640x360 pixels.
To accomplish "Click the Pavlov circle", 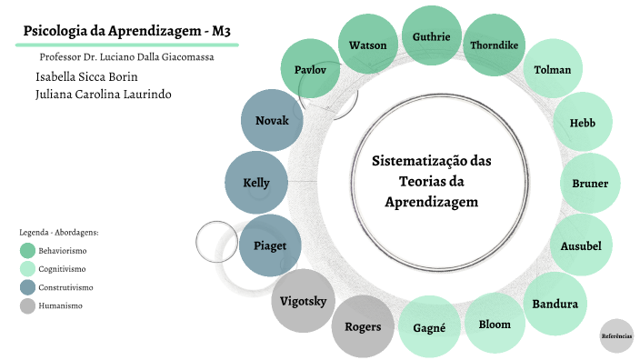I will [x=311, y=70].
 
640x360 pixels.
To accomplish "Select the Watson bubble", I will [x=368, y=45].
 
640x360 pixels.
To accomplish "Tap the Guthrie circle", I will [x=432, y=36].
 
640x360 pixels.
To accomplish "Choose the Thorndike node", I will [x=495, y=45].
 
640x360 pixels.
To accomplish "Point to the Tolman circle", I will [x=553, y=70].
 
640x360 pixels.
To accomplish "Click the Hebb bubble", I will [x=583, y=123].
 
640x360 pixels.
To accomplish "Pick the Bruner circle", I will [x=590, y=184].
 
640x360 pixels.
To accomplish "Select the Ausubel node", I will [x=581, y=245].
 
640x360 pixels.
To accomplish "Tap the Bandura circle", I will [x=555, y=303].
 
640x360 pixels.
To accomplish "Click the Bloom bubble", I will [x=495, y=324].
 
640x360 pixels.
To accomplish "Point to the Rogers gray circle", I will [x=363, y=326].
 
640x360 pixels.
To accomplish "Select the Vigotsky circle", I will [x=301, y=301].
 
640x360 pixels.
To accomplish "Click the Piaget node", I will [x=270, y=245].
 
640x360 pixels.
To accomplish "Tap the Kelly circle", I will [x=256, y=183].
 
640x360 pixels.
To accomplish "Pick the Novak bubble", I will [x=272, y=121].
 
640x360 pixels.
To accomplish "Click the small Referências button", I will [x=616, y=336].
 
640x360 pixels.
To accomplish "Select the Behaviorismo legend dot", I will [x=27, y=250].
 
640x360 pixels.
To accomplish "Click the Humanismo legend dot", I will [x=27, y=305].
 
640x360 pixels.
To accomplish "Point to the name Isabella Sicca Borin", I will [x=86, y=76].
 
